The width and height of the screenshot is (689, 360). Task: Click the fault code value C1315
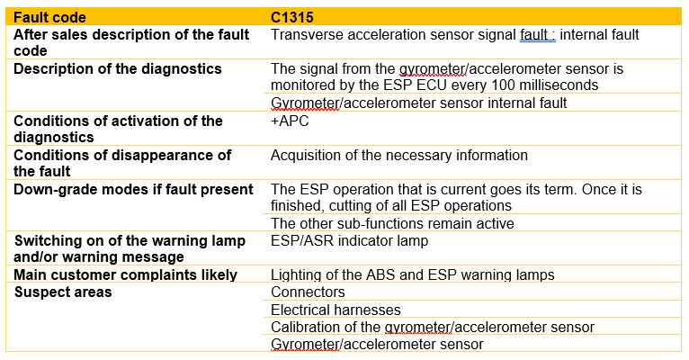pos(291,17)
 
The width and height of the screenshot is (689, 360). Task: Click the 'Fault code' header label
pos(49,17)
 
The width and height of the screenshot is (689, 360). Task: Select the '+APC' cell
pos(290,121)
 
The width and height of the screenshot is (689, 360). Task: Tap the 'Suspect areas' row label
pos(63,292)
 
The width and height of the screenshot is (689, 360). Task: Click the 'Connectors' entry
pos(308,292)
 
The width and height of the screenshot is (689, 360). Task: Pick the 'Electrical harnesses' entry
pos(336,310)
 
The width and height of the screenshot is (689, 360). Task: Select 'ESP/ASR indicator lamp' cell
pos(349,241)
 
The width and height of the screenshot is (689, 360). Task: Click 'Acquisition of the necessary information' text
pos(399,155)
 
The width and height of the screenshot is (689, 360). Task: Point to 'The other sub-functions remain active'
pos(392,223)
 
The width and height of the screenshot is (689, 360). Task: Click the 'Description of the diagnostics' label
pos(118,69)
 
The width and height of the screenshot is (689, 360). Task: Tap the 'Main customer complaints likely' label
pos(126,274)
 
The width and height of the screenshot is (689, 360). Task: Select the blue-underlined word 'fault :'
pos(537,35)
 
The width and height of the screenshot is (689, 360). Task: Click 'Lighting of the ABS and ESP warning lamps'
pos(413,274)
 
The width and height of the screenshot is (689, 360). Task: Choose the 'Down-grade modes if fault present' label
pos(134,190)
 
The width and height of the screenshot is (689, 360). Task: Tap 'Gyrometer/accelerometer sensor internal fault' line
pos(419,103)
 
